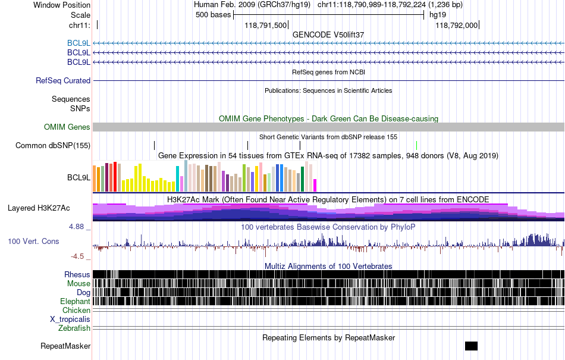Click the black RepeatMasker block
[471, 346]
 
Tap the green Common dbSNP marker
[416, 146]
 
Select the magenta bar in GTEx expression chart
[315, 185]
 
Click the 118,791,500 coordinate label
[266, 25]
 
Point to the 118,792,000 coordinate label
[457, 25]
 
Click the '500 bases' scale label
[214, 15]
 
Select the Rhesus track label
[77, 274]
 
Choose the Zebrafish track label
[74, 328]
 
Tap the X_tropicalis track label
[70, 320]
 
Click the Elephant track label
[75, 301]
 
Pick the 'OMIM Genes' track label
[67, 127]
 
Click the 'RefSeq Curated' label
[63, 80]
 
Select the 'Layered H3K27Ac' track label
[39, 208]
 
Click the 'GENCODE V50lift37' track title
[328, 35]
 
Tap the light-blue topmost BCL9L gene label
[79, 43]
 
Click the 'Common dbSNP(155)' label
[53, 146]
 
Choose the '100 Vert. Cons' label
[33, 241]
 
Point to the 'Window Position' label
[62, 5]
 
